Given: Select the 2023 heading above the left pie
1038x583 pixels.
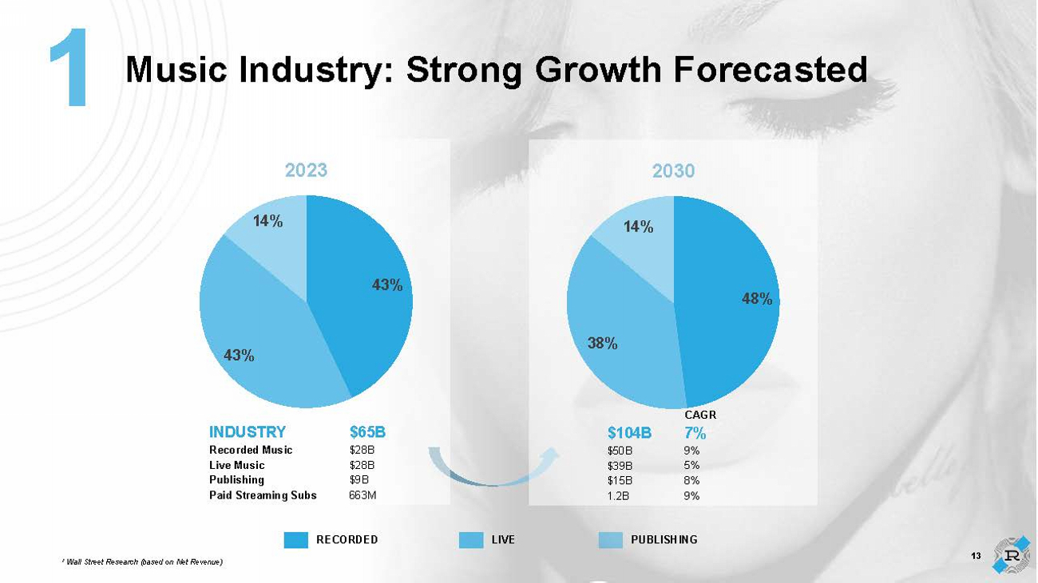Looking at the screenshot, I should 307,170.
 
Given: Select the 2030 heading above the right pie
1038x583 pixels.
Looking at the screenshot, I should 673,170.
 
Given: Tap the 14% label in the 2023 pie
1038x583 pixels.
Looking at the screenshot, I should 268,222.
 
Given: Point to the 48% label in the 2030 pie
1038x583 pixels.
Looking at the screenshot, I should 757,299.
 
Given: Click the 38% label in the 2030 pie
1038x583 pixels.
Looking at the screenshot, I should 603,343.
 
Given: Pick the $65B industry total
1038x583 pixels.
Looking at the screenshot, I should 367,432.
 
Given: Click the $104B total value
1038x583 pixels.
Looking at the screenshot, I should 629,433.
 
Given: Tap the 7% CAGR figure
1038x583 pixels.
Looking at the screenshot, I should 695,433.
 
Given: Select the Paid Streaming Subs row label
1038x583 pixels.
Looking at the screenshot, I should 263,495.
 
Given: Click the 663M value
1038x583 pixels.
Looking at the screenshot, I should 363,495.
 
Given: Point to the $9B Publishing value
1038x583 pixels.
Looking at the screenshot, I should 359,480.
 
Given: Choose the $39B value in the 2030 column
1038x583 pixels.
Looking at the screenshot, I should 620,465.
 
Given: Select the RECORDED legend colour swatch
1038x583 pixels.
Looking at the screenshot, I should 295,540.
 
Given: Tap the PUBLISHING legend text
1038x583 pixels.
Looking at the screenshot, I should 664,540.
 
